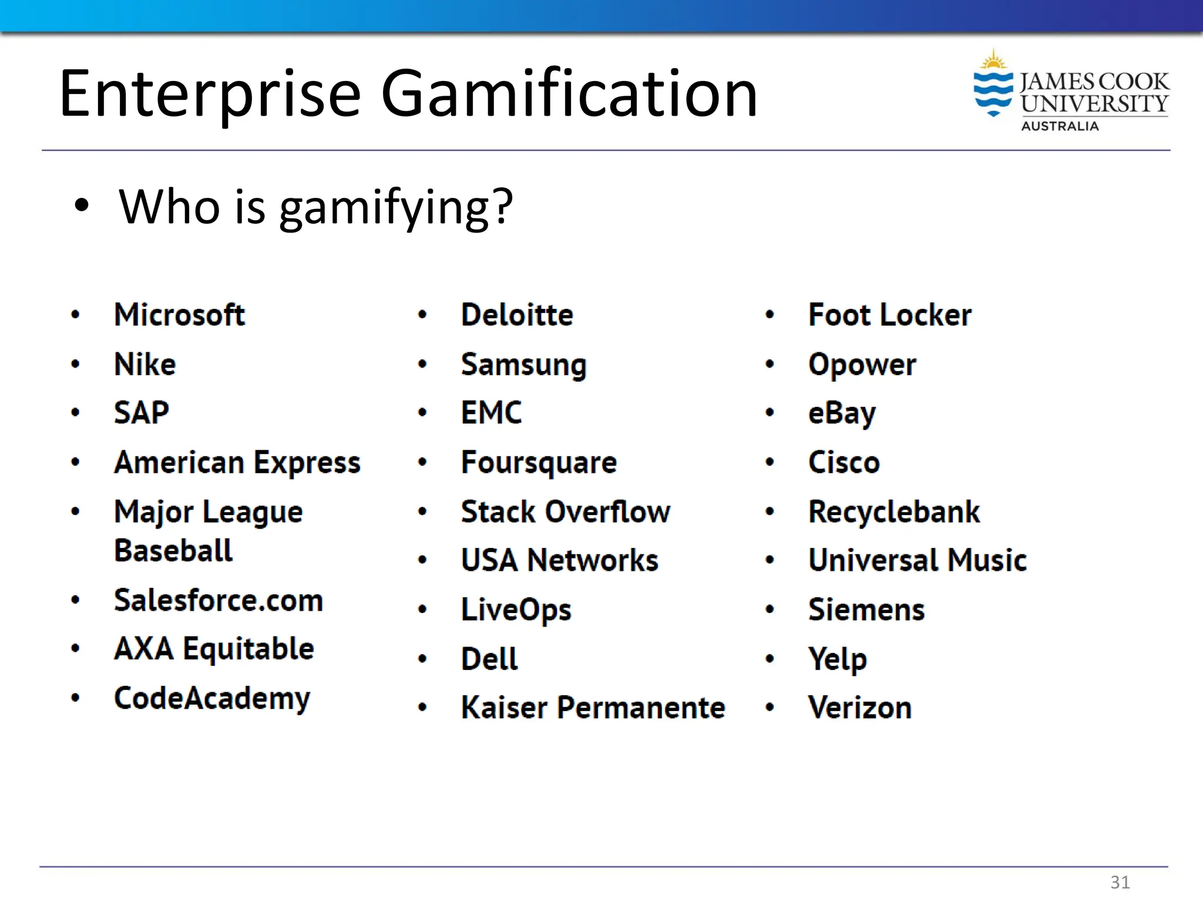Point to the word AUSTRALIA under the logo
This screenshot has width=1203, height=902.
tap(1059, 126)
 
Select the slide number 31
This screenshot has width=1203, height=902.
tap(1120, 882)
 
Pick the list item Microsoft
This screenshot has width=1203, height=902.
tap(179, 315)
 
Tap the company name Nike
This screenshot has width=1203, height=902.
tap(145, 364)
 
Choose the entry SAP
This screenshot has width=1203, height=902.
tap(142, 413)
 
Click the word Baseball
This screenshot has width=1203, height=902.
tap(173, 551)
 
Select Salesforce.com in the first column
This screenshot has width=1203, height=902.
tap(219, 600)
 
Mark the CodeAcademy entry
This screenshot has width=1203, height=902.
tap(212, 698)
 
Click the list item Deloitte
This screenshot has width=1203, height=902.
tap(517, 315)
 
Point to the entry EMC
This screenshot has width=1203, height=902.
tap(491, 413)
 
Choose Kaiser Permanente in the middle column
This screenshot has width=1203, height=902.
tap(593, 708)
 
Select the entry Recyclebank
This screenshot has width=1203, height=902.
tap(894, 511)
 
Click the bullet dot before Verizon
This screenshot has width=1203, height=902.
tap(769, 708)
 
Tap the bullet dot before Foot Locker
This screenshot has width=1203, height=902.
tap(769, 315)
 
